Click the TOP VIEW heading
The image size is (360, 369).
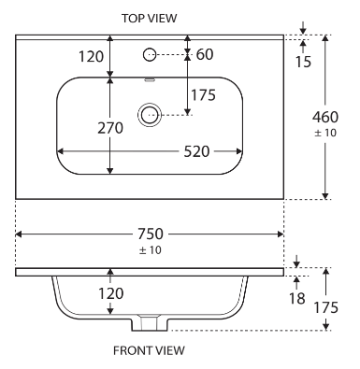click(149, 18)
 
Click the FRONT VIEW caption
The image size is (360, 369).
click(149, 350)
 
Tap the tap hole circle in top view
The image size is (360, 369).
click(150, 55)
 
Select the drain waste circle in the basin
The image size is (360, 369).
click(150, 115)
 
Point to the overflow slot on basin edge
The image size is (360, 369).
click(150, 79)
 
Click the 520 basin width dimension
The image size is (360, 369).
click(196, 151)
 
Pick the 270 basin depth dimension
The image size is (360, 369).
click(110, 128)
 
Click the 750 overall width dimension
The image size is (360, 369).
click(151, 234)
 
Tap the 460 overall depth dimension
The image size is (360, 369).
click(325, 118)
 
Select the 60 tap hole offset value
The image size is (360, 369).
click(205, 54)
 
